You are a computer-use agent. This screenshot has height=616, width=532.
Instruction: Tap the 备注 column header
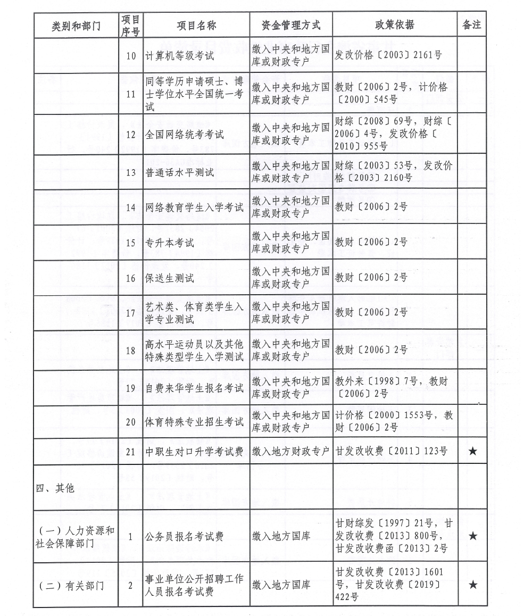(x=471, y=25)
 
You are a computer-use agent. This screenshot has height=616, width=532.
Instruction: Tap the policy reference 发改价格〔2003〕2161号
(x=388, y=55)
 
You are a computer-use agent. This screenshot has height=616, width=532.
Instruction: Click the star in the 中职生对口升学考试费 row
(x=472, y=451)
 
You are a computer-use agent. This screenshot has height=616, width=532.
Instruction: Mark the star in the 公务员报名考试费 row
(x=472, y=536)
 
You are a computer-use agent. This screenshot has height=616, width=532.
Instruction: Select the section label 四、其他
(x=55, y=488)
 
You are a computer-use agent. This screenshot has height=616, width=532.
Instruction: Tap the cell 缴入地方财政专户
(x=291, y=451)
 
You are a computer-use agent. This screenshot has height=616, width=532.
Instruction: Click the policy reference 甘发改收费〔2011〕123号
(x=391, y=451)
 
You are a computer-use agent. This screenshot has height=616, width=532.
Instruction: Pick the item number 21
(x=131, y=451)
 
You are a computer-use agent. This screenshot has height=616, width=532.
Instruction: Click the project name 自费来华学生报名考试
(x=194, y=388)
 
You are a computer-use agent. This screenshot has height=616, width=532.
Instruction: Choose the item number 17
(x=131, y=313)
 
